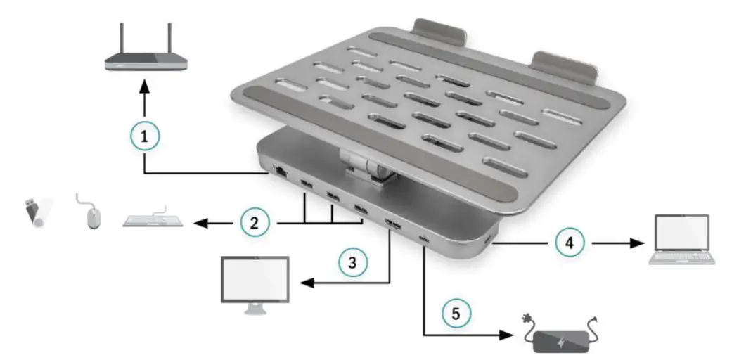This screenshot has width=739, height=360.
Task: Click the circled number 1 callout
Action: pos(145,136)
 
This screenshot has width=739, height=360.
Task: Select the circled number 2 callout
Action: pos(254,224)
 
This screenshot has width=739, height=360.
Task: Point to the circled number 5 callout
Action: pos(456,313)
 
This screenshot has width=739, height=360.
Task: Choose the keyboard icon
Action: pos(153,220)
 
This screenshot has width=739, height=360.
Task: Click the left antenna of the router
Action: pos(122,40)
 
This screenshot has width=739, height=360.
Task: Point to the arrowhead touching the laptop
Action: pos(640,244)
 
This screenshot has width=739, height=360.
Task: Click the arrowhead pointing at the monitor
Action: pos(307,283)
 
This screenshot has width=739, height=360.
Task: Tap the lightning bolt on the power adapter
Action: pos(560,342)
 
